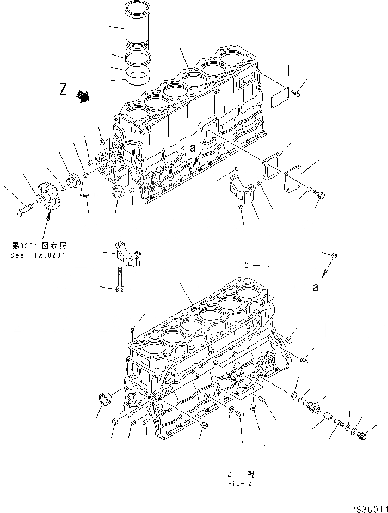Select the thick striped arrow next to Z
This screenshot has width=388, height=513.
83,96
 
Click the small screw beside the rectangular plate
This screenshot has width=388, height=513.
296,95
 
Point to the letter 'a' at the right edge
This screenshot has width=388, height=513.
315,288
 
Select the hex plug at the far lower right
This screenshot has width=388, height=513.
364,434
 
